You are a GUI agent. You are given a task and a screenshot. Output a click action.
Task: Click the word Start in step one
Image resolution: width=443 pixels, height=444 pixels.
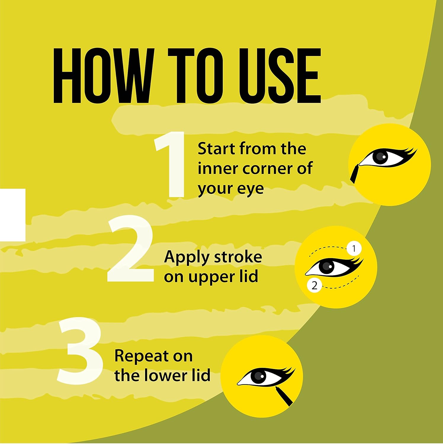[217, 149]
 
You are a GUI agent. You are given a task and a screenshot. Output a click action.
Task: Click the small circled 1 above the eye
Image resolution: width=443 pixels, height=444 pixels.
[354, 249]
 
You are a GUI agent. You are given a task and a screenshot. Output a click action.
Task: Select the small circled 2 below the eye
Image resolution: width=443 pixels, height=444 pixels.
[314, 286]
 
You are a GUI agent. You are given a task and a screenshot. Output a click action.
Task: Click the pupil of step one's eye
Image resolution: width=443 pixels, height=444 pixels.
[381, 157]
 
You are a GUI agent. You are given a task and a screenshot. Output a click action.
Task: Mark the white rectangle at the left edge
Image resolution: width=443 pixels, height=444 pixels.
[13, 215]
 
